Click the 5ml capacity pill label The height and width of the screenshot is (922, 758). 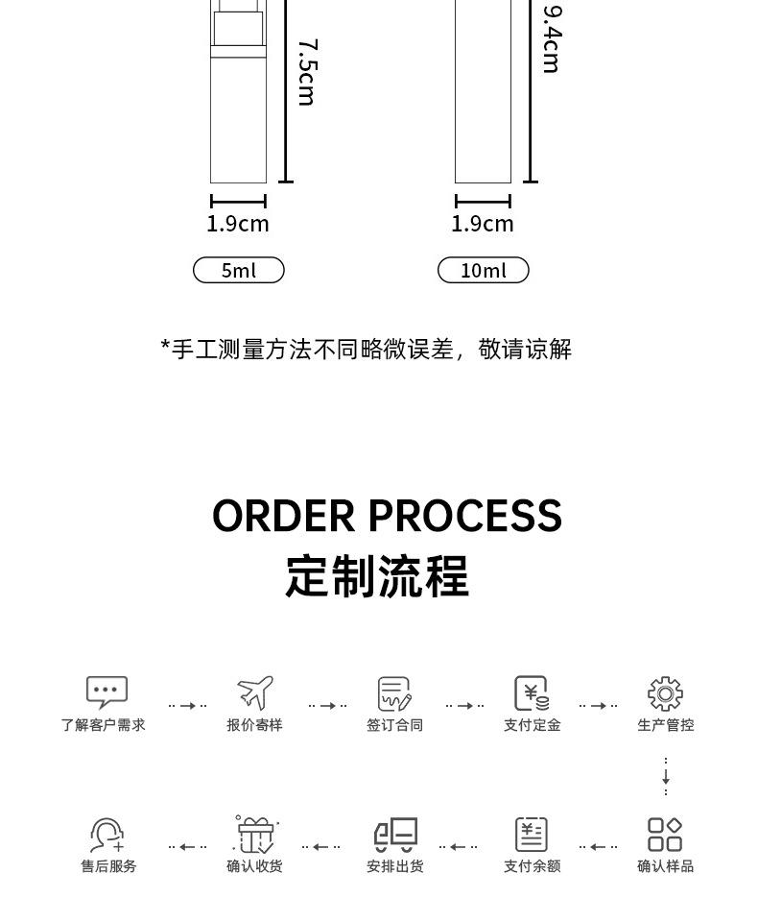[x=239, y=271]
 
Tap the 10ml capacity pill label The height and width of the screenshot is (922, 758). [x=483, y=271]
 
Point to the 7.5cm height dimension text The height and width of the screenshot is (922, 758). [x=307, y=72]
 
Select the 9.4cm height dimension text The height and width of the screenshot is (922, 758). [x=552, y=38]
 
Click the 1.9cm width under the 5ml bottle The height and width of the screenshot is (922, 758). [x=238, y=224]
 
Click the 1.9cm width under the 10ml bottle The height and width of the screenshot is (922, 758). [x=483, y=224]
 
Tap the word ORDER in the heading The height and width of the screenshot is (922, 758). [x=284, y=516]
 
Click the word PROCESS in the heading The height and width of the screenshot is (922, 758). [x=465, y=516]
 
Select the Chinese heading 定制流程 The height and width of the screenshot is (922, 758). [x=377, y=576]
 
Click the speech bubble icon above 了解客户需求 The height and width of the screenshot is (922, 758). [x=107, y=691]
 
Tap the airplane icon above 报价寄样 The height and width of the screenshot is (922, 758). [x=255, y=691]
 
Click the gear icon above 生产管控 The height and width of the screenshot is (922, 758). [x=665, y=693]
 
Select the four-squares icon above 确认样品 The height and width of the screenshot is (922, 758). [x=665, y=834]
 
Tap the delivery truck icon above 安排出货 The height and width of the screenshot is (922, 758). [x=395, y=834]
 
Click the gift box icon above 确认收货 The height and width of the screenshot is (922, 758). [x=256, y=834]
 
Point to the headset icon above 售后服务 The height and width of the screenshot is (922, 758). [x=107, y=835]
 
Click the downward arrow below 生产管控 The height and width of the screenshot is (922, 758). [x=665, y=777]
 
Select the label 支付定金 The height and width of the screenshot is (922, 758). [x=533, y=725]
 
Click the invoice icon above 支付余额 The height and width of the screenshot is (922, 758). [x=532, y=834]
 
